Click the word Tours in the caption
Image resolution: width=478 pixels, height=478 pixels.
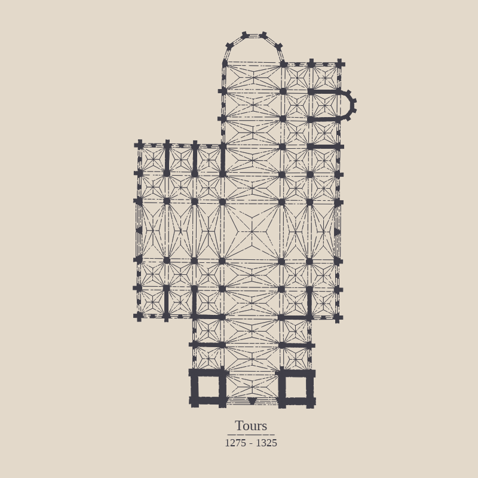click(x=251, y=425)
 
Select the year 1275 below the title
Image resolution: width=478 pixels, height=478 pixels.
click(x=235, y=443)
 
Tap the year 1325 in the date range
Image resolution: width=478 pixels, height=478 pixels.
click(x=266, y=443)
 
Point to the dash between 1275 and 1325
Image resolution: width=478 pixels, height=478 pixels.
click(x=251, y=444)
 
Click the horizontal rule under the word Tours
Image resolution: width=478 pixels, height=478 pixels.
click(x=251, y=435)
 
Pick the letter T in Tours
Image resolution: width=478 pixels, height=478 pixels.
click(x=238, y=425)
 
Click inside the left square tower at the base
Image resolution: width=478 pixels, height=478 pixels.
click(x=209, y=387)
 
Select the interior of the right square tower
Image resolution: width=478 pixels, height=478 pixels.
click(x=295, y=387)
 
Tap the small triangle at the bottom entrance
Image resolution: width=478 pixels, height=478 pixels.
click(x=252, y=400)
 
